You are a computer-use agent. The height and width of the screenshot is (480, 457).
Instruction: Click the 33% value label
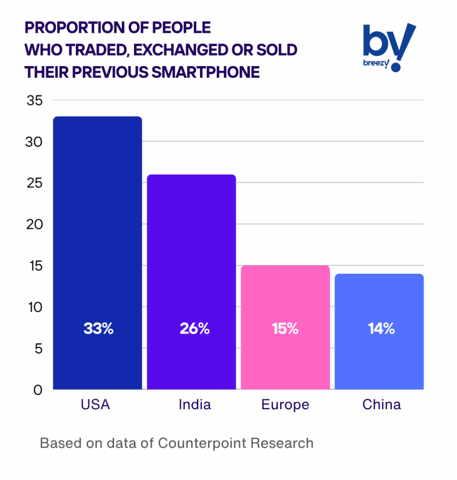tap(98, 329)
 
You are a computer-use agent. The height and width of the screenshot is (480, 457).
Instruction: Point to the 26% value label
tap(195, 329)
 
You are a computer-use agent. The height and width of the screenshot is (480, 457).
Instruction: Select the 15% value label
tap(285, 329)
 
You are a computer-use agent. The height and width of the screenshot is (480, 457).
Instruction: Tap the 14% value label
tap(381, 329)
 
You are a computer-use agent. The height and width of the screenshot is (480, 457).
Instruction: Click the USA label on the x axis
tap(95, 405)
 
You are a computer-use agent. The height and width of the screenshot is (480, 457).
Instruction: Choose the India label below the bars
tap(195, 405)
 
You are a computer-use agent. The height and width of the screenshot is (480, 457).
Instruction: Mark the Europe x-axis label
tap(285, 405)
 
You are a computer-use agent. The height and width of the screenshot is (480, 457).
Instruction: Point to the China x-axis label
tap(382, 405)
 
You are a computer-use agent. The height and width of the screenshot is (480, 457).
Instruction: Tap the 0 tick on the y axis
tap(38, 390)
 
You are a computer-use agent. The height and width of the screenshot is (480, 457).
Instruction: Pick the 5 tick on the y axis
tap(38, 348)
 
